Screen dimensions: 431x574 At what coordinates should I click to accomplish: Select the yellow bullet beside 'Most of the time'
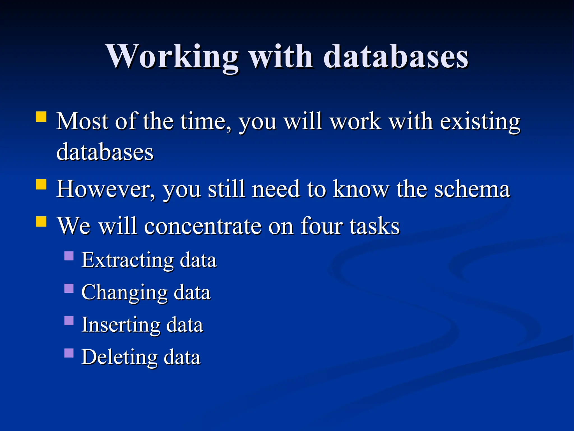[x=41, y=116]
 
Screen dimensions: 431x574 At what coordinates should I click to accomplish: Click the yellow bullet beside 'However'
[x=41, y=184]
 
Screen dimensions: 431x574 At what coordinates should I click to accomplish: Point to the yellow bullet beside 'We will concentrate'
[x=41, y=221]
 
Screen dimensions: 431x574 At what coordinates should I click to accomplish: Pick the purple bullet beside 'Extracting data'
[x=69, y=256]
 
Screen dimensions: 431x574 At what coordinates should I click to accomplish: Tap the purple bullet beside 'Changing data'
[x=69, y=288]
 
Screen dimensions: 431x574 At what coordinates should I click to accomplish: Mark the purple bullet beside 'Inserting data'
[x=69, y=320]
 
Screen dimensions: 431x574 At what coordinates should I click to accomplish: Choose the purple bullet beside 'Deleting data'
[x=69, y=353]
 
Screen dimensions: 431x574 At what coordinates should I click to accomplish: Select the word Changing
[x=124, y=293]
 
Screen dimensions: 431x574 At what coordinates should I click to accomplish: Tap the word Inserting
[x=121, y=325]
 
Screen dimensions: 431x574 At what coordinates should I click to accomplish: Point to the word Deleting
[x=119, y=357]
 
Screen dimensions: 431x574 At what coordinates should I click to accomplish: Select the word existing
[x=480, y=122]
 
